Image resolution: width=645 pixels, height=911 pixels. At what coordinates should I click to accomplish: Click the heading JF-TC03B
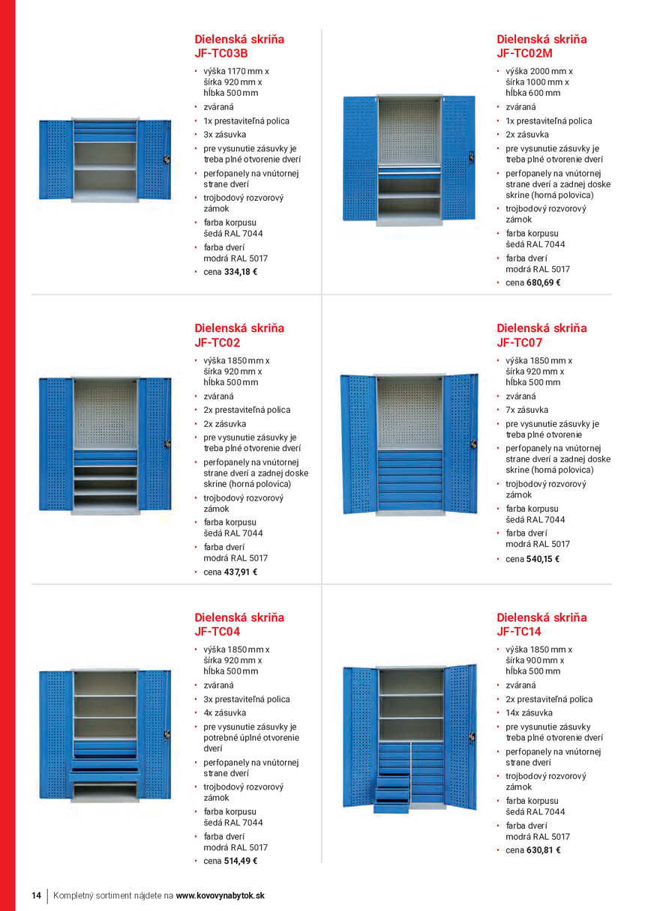pyautogui.click(x=221, y=54)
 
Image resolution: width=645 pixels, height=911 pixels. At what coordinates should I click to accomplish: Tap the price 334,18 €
pyautogui.click(x=240, y=272)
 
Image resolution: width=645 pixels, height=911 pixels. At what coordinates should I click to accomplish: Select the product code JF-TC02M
pyautogui.click(x=524, y=54)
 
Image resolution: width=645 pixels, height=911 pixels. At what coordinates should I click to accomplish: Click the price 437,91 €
pyautogui.click(x=240, y=572)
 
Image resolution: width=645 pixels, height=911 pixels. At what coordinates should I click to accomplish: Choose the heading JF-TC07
pyautogui.click(x=519, y=343)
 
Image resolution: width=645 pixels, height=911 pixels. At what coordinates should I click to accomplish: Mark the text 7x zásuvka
pyautogui.click(x=526, y=410)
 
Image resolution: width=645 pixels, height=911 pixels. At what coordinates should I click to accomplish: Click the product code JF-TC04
pyautogui.click(x=217, y=632)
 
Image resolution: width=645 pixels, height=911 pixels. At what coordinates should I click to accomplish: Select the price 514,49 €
pyautogui.click(x=240, y=861)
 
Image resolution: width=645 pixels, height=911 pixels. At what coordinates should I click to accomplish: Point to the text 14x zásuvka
pyautogui.click(x=529, y=713)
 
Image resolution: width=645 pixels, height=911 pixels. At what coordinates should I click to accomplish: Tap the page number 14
pyautogui.click(x=36, y=895)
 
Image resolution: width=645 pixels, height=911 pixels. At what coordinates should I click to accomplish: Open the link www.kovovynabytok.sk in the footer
pyautogui.click(x=220, y=895)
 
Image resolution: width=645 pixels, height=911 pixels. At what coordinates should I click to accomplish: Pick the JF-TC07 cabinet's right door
pyautogui.click(x=460, y=444)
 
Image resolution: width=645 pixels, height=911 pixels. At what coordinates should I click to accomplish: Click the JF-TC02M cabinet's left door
pyautogui.click(x=358, y=160)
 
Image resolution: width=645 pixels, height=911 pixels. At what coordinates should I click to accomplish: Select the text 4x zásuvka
pyautogui.click(x=224, y=713)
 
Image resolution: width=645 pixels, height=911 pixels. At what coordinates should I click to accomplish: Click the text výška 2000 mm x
pyautogui.click(x=538, y=71)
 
